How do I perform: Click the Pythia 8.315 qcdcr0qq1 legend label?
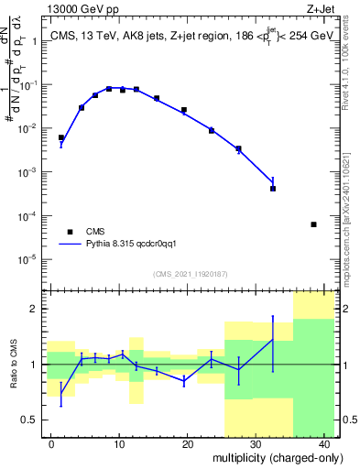137,245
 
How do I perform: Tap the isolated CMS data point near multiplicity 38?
313,224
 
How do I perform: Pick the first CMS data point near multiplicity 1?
61,137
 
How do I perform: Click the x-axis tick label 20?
187,444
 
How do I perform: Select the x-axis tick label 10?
119,444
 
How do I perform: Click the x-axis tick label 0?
52,444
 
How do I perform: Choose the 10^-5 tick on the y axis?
28,259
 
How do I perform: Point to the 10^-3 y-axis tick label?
28,172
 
